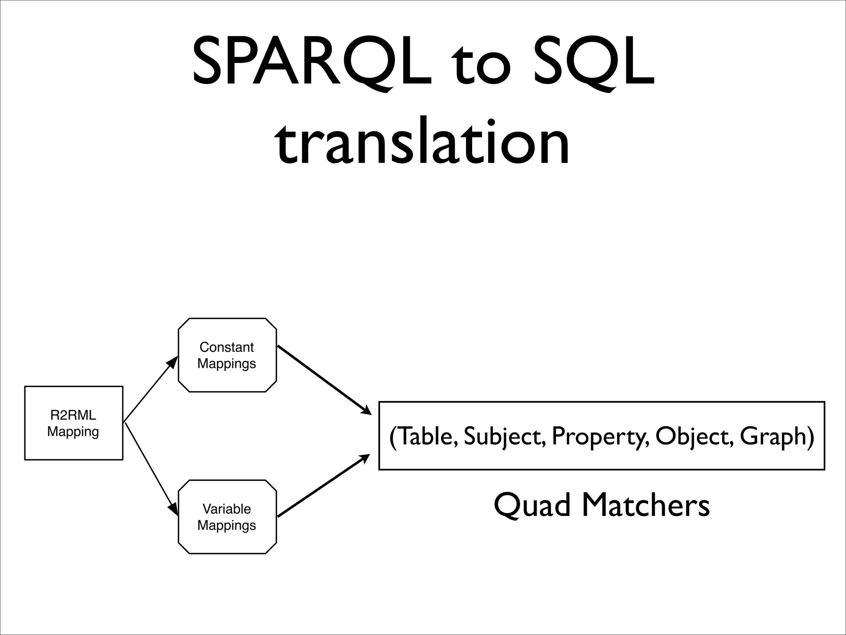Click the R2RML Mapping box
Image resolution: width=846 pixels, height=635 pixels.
(74, 423)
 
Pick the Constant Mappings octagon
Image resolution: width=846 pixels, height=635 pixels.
(227, 355)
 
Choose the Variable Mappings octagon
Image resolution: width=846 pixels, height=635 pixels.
(227, 517)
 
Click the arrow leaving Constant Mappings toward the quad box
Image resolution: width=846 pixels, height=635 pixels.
(324, 379)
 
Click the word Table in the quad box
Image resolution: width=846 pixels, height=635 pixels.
(426, 436)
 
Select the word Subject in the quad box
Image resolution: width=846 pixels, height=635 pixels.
(502, 436)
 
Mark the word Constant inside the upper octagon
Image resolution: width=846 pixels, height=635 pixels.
(226, 347)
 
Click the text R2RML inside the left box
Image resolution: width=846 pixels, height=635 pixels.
(73, 415)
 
